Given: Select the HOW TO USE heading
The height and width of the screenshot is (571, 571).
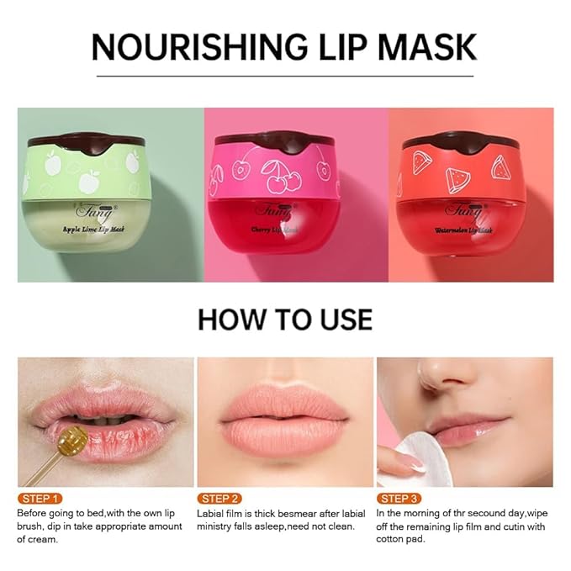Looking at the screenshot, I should [284, 320].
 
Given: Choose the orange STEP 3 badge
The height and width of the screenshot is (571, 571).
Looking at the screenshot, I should [400, 498].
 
